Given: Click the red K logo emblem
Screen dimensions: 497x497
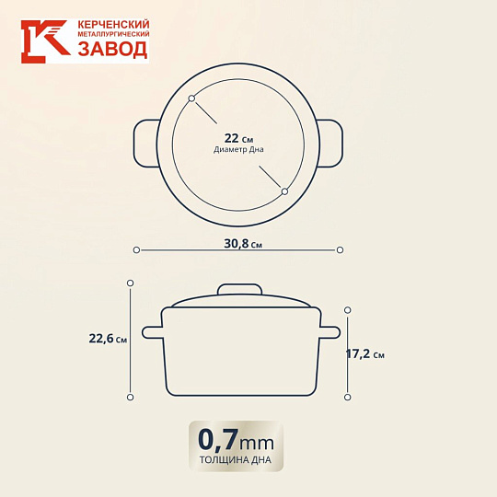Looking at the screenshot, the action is (x=46, y=41).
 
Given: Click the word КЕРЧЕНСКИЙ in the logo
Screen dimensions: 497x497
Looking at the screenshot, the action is (x=113, y=25).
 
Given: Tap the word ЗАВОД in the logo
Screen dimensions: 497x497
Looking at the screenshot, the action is (x=113, y=50).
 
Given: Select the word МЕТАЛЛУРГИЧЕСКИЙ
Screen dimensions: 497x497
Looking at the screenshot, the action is (x=113, y=34).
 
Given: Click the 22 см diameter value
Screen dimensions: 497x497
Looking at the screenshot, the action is (x=238, y=139).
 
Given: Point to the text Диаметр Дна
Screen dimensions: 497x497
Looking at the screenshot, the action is (x=238, y=150).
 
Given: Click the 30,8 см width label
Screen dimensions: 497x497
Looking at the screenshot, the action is (x=243, y=244).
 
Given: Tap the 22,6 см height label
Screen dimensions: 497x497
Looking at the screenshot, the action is (x=108, y=339).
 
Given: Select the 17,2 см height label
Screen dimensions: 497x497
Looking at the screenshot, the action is (x=364, y=354).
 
